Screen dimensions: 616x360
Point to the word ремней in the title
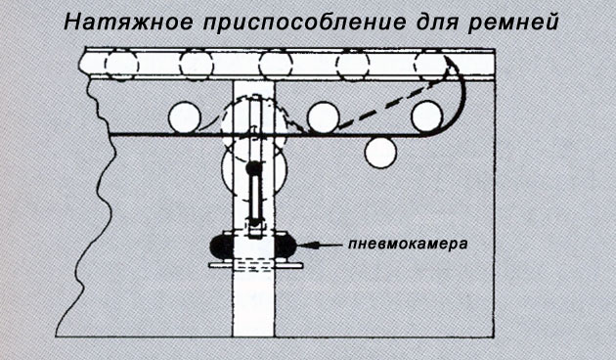pyautogui.click(x=513, y=23)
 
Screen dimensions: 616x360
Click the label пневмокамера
pyautogui.click(x=408, y=244)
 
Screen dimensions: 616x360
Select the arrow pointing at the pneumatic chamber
pyautogui.click(x=319, y=245)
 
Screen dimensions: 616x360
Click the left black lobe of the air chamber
pyautogui.click(x=222, y=246)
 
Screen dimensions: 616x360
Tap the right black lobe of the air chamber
pyautogui.click(x=286, y=246)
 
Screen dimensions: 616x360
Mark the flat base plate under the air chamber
pyautogui.click(x=256, y=266)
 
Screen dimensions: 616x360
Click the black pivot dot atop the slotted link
pyautogui.click(x=254, y=168)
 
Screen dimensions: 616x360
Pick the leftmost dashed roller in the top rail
pyautogui.click(x=122, y=66)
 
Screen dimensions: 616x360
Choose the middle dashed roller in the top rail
pyautogui.click(x=276, y=66)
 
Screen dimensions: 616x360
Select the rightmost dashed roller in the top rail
pyautogui.click(x=431, y=66)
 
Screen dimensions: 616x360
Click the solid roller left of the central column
pyautogui.click(x=185, y=117)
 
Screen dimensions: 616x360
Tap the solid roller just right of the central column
pyautogui.click(x=324, y=117)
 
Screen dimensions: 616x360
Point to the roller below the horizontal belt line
pyautogui.click(x=380, y=153)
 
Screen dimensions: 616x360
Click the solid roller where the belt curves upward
pyautogui.click(x=427, y=116)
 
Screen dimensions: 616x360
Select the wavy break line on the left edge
pyautogui.click(x=94, y=208)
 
